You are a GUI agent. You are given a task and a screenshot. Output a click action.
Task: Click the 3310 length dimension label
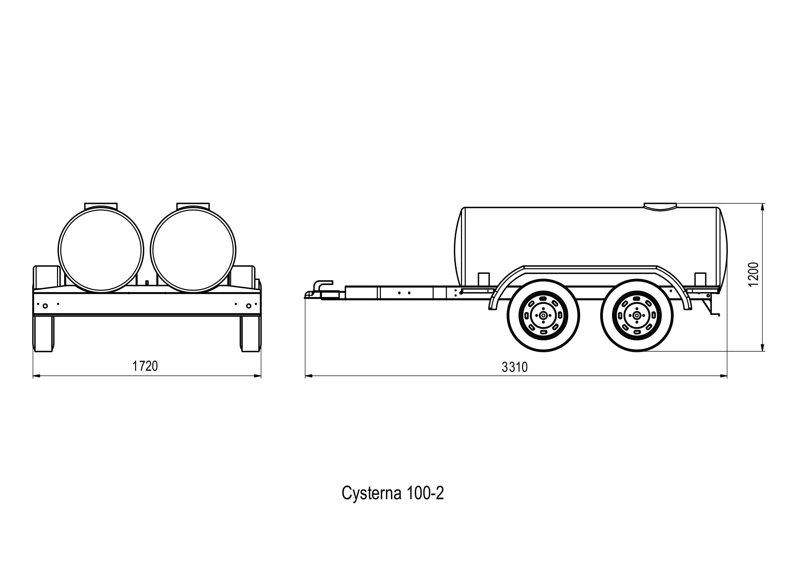point(515,367)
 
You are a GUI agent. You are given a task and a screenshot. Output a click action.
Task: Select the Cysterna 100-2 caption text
point(392,493)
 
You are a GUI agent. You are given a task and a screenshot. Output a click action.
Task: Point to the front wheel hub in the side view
point(543,316)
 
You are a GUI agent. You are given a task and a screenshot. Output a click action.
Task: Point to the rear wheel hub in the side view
point(636,316)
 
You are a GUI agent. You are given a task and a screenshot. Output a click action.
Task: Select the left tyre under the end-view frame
point(43,334)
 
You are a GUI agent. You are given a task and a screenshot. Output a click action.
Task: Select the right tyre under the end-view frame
point(251,334)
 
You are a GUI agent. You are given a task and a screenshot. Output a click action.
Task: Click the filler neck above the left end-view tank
point(101,205)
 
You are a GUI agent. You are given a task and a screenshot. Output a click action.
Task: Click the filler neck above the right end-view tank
point(193,205)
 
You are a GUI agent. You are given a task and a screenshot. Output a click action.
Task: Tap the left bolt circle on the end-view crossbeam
point(45,306)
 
